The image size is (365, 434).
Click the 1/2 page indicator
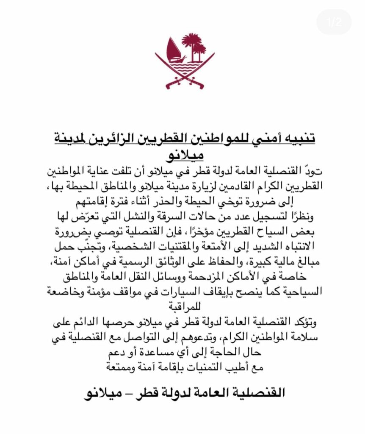[x=334, y=22]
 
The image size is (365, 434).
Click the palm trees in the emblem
[x=194, y=46]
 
